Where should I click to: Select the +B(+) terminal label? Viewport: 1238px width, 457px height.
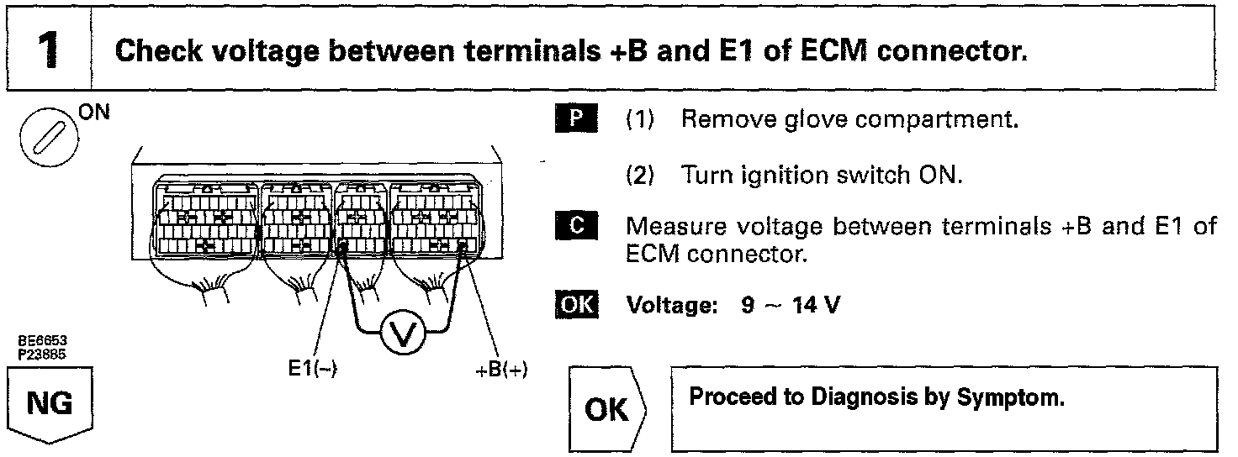coord(502,370)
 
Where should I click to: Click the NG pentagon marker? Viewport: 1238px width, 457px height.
coord(49,407)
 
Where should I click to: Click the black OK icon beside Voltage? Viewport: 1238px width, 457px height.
coord(576,304)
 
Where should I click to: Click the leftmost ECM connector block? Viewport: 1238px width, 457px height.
coord(205,221)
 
